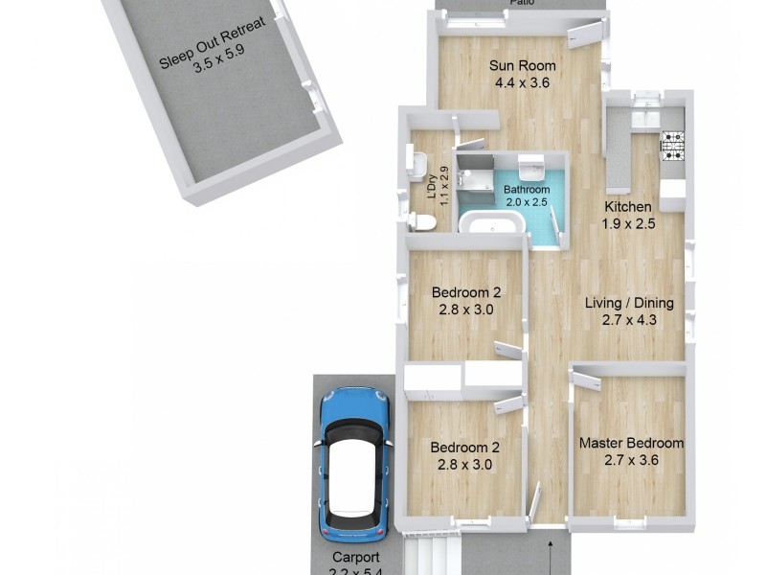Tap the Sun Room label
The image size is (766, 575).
coord(523,66)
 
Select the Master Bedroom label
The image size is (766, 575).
coord(631,443)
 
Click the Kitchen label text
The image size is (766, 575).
coord(627,207)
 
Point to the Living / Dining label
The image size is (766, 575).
coord(629,303)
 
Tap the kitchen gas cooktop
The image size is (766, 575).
coord(674,145)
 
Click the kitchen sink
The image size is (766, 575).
coord(646,117)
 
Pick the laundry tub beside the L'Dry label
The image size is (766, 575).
coord(414,163)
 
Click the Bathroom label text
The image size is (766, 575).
coord(527,190)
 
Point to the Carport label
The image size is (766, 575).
coord(356,558)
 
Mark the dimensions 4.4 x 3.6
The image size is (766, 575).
coord(523,83)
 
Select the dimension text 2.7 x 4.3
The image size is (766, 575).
coord(629,320)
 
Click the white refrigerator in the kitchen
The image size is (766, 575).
coord(672,194)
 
